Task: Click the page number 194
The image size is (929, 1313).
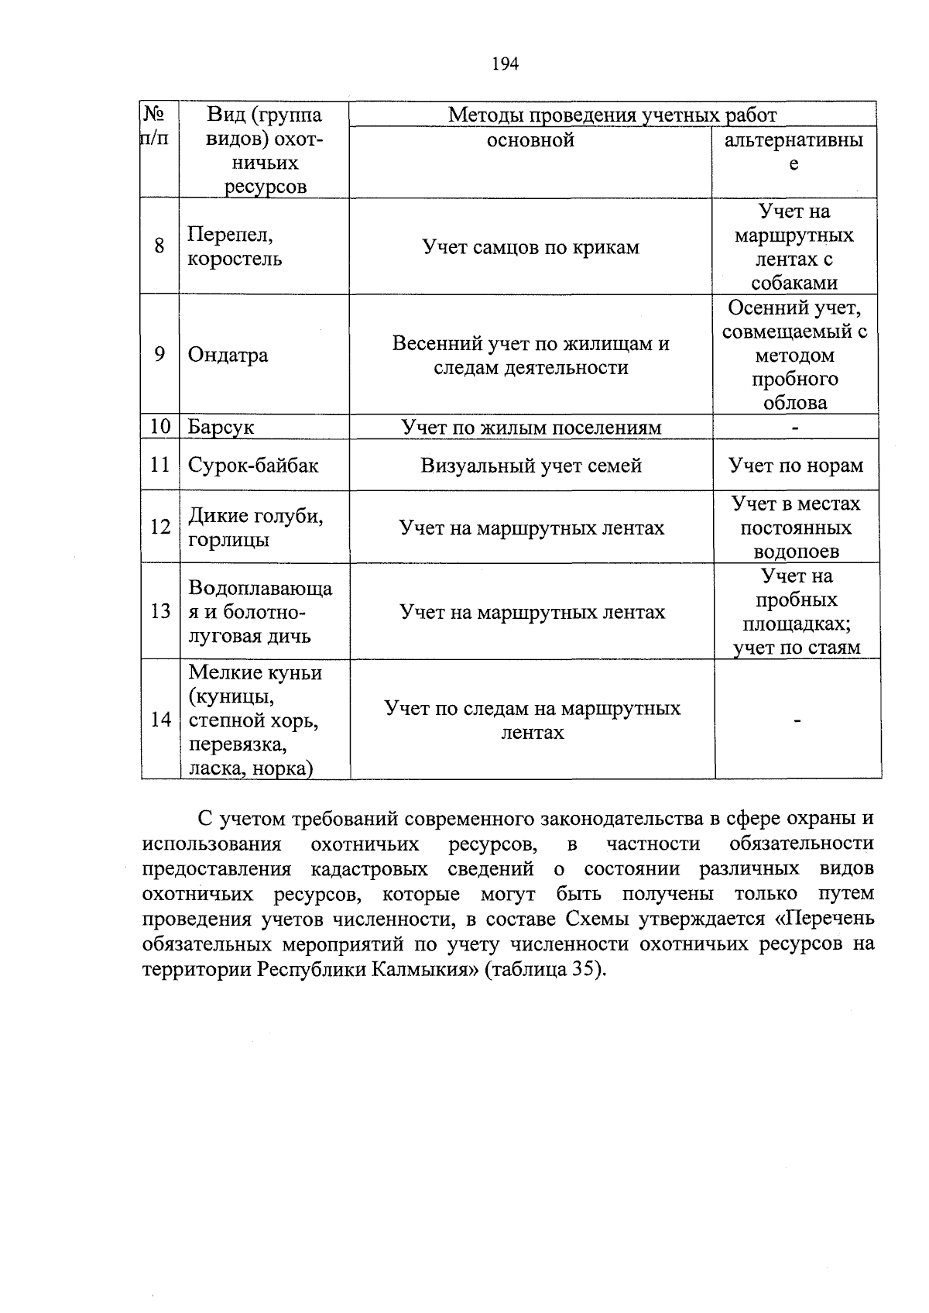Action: (x=505, y=64)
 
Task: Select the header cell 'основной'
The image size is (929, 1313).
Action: (x=530, y=140)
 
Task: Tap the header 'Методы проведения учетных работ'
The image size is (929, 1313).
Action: (x=612, y=115)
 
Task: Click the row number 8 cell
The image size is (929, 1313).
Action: (x=159, y=246)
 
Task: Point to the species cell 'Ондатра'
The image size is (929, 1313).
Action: (x=228, y=356)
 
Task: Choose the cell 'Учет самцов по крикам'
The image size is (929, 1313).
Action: (x=530, y=247)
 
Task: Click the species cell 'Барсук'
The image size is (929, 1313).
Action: (x=221, y=428)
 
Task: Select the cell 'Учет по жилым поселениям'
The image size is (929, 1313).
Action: (x=530, y=428)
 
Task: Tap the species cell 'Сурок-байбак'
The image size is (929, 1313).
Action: (x=252, y=466)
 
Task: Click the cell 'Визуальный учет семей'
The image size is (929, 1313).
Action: (x=531, y=466)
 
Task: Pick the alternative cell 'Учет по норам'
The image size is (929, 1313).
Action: (x=795, y=466)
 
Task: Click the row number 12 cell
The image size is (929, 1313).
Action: (x=160, y=528)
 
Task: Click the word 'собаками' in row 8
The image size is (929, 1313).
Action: (x=794, y=283)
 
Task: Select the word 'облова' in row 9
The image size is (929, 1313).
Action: (x=794, y=403)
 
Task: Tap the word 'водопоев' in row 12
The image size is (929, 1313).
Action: (x=796, y=552)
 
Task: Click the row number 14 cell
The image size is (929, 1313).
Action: (x=160, y=720)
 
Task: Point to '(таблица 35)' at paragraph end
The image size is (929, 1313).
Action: (x=543, y=970)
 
